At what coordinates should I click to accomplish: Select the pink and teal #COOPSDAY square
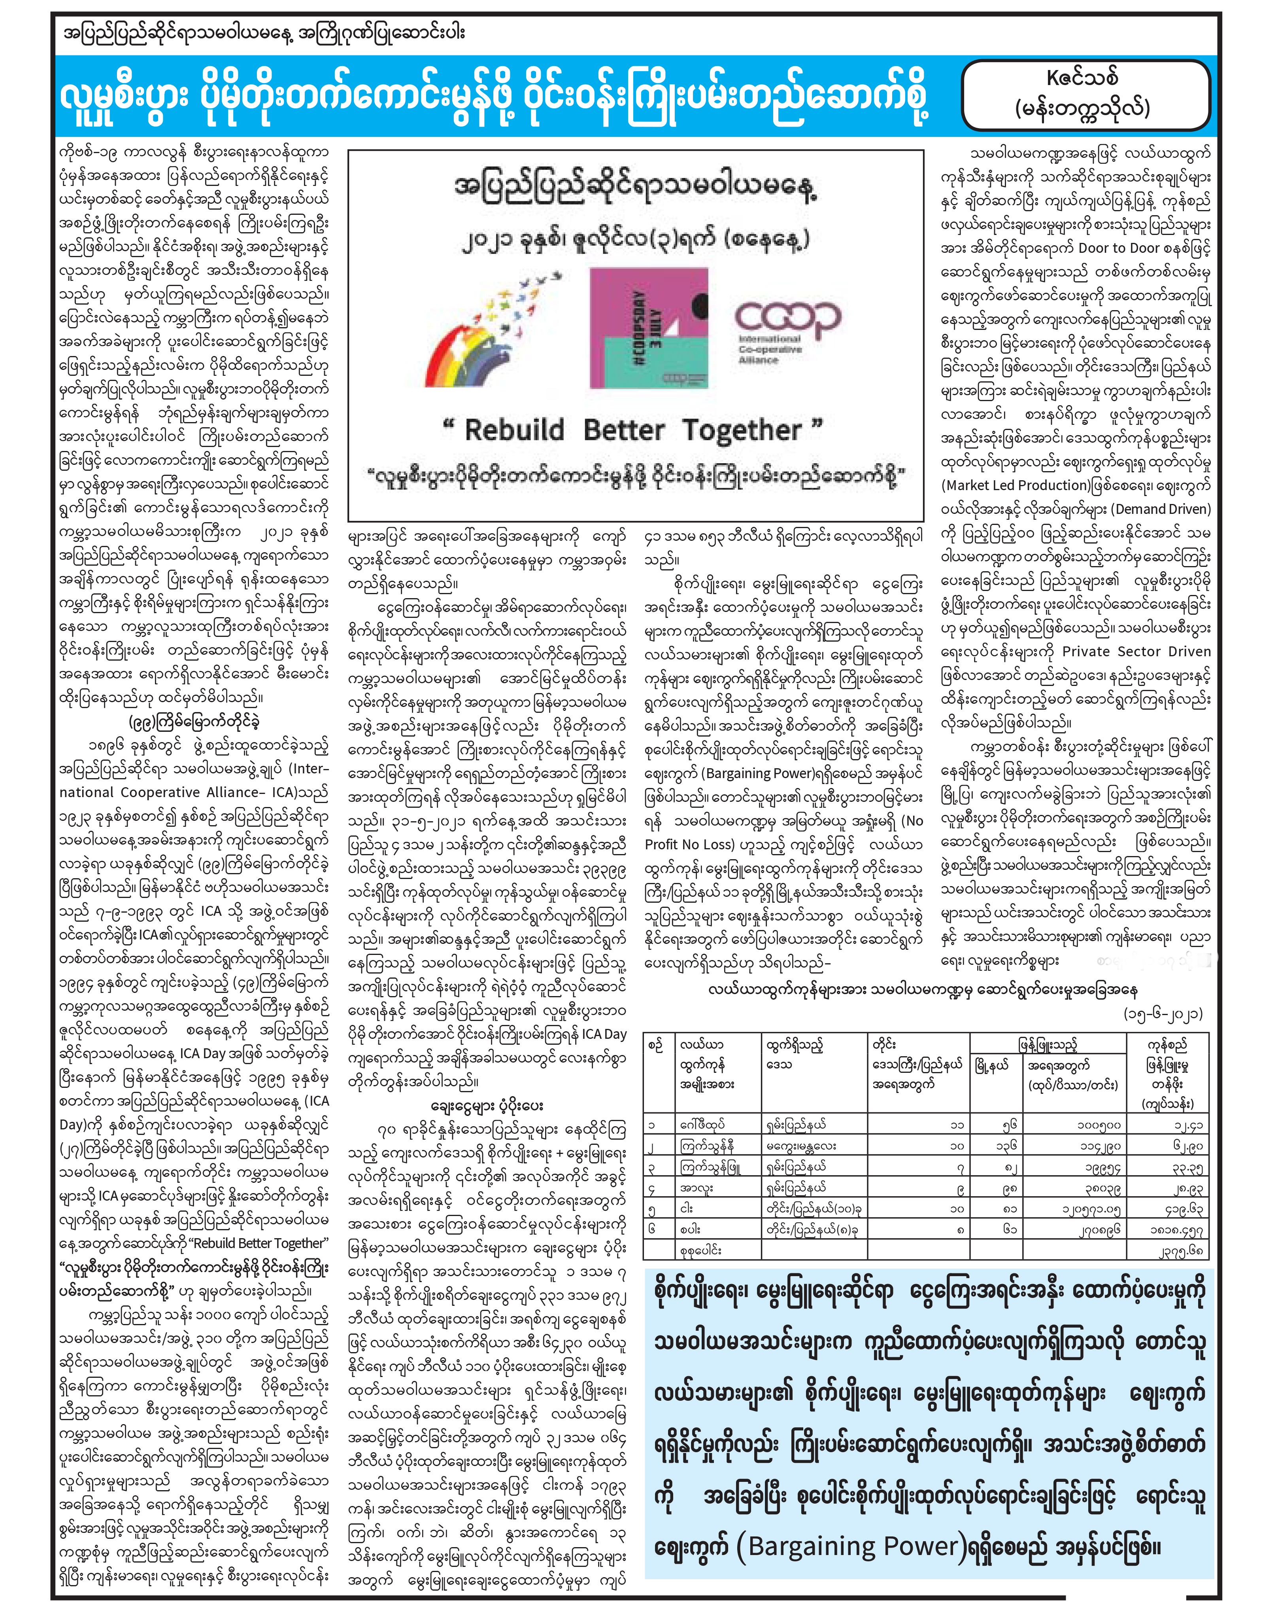[x=648, y=327]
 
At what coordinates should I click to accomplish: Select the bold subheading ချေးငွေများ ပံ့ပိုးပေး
[x=487, y=1106]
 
